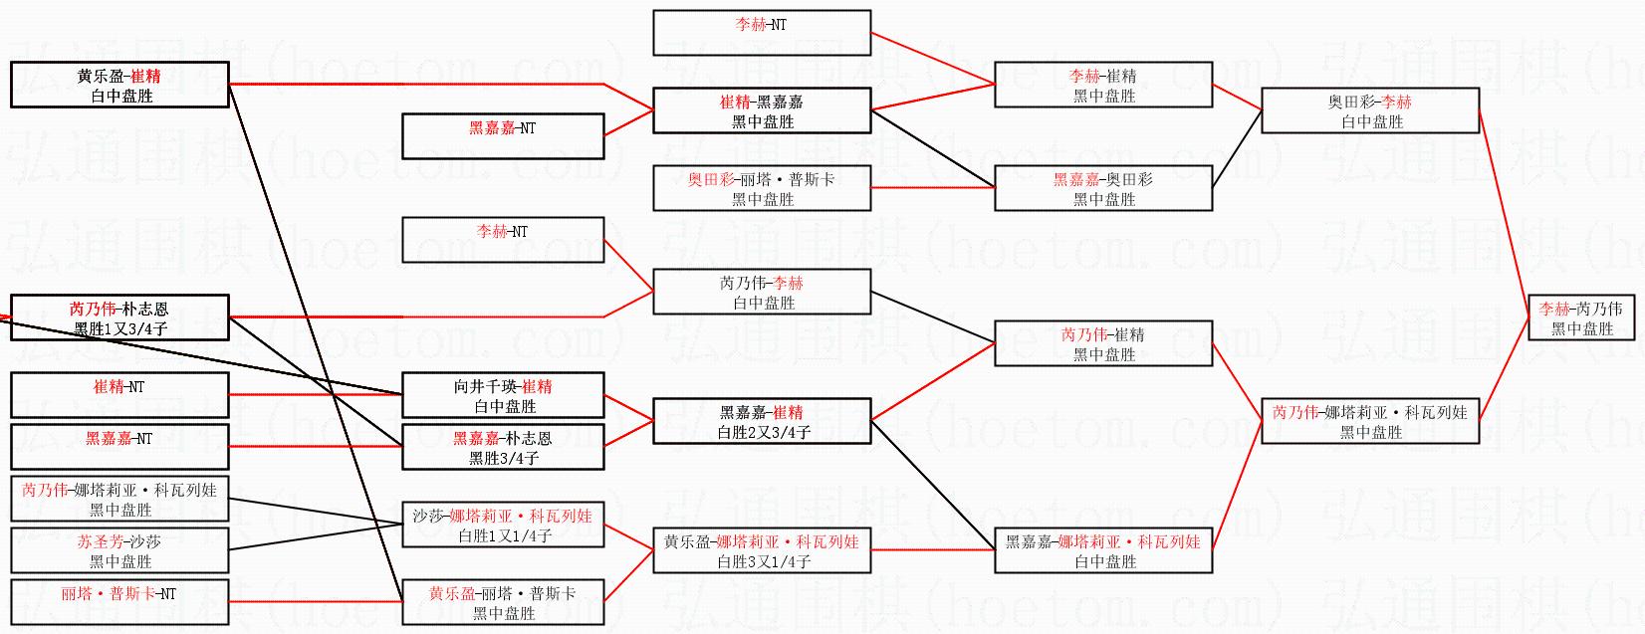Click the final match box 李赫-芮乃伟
(x=1581, y=317)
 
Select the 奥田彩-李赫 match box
(x=1370, y=110)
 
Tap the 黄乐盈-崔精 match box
(x=119, y=85)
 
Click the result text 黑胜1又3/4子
(x=120, y=328)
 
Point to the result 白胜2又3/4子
(x=764, y=432)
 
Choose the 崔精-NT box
(x=119, y=395)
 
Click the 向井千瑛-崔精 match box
(x=503, y=395)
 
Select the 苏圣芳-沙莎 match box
(x=119, y=550)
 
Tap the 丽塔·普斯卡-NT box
(x=119, y=602)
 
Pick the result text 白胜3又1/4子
(x=764, y=561)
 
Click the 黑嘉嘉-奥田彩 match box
(x=1103, y=188)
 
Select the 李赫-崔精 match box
(x=1103, y=85)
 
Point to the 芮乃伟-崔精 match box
(x=1103, y=343)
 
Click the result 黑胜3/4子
(x=504, y=458)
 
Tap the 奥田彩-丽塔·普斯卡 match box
(x=763, y=188)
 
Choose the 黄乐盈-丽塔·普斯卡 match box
(x=503, y=602)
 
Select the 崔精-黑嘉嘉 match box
(x=763, y=110)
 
